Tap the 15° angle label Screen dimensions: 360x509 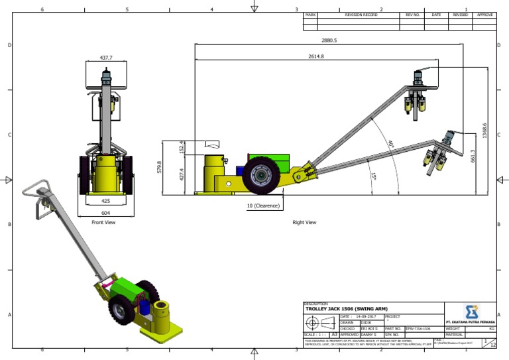373,176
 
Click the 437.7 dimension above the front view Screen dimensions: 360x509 106,58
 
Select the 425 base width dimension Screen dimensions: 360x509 105,199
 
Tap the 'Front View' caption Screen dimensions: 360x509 103,223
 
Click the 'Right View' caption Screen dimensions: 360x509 304,223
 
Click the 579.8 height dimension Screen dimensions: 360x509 159,167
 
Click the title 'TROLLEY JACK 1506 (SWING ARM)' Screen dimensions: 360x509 346,309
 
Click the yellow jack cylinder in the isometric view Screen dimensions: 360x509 160,312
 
